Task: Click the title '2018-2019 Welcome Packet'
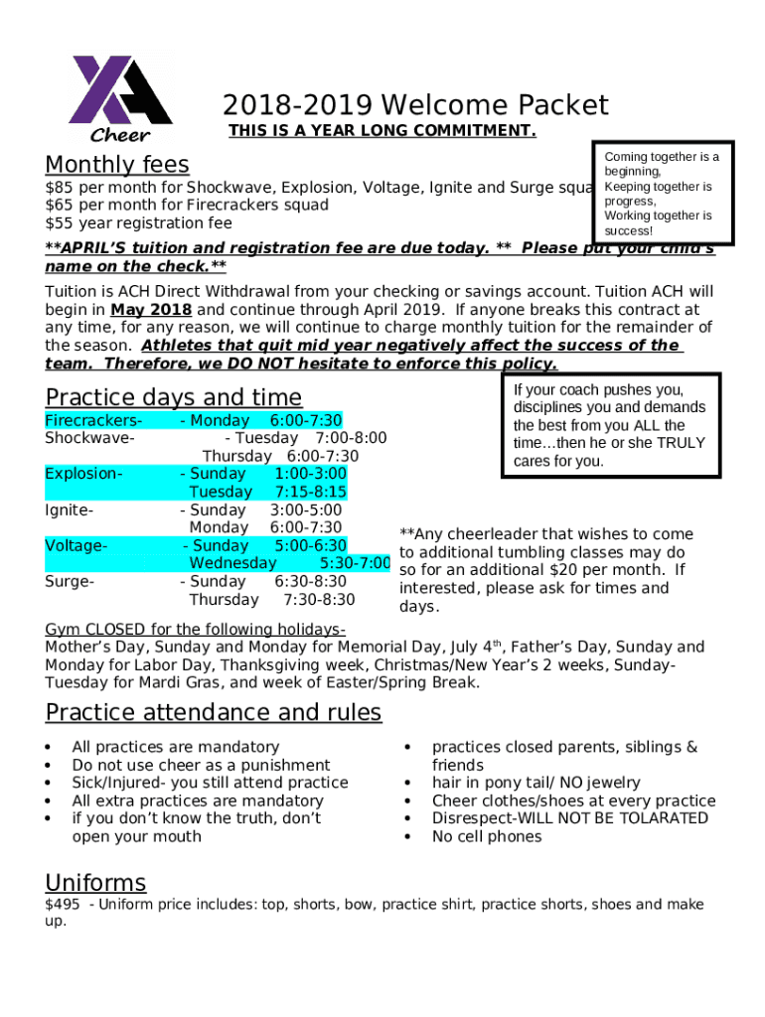click(x=415, y=105)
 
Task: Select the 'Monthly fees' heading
click(x=117, y=164)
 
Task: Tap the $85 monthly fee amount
click(x=60, y=188)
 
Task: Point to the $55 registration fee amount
click(x=60, y=223)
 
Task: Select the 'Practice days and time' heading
click(x=173, y=397)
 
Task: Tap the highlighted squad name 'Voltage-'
click(x=76, y=546)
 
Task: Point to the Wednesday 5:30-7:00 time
click(x=355, y=564)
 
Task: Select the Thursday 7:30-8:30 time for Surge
click(x=318, y=600)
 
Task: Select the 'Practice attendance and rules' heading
click(x=214, y=713)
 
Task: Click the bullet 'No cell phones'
click(x=487, y=837)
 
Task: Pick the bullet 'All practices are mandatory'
click(x=176, y=747)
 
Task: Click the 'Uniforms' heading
click(x=95, y=883)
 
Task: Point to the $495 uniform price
click(x=63, y=905)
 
